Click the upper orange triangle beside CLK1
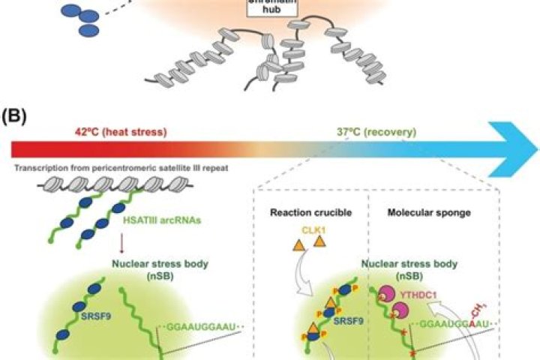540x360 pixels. point(319,241)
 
